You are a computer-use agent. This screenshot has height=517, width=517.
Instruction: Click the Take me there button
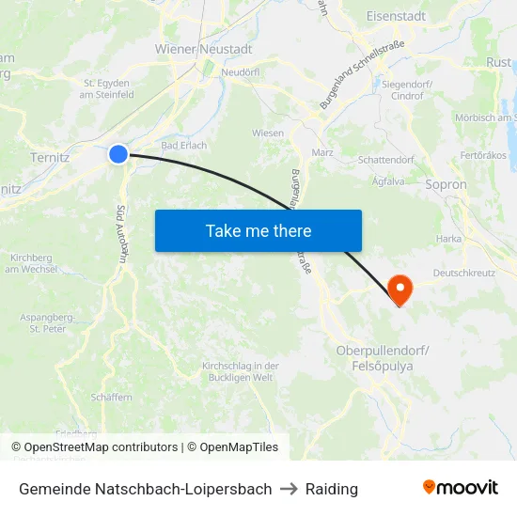pyautogui.click(x=258, y=230)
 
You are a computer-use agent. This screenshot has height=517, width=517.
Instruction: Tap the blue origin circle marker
pyautogui.click(x=117, y=153)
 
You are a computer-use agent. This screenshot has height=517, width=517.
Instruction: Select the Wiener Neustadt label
pyautogui.click(x=204, y=48)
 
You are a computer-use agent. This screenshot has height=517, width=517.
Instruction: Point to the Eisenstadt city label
pyautogui.click(x=396, y=16)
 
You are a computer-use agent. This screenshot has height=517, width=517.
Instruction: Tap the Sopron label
pyautogui.click(x=446, y=184)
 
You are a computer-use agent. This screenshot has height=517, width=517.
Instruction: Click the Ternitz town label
pyautogui.click(x=50, y=157)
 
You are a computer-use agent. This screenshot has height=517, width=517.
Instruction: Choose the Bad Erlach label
pyautogui.click(x=184, y=146)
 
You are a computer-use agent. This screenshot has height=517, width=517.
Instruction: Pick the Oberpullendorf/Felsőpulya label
pyautogui.click(x=383, y=357)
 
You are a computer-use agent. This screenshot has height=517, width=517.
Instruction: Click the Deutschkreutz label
pyautogui.click(x=464, y=274)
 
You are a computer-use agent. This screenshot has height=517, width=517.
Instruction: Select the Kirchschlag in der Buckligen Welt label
pyautogui.click(x=241, y=371)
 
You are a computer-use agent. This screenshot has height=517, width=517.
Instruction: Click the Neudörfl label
pyautogui.click(x=240, y=72)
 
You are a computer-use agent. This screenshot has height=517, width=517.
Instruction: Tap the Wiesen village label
pyautogui.click(x=268, y=133)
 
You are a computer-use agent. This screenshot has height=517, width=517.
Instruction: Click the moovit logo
pyautogui.click(x=461, y=488)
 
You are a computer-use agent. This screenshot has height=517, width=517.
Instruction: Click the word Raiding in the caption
pyautogui.click(x=332, y=489)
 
